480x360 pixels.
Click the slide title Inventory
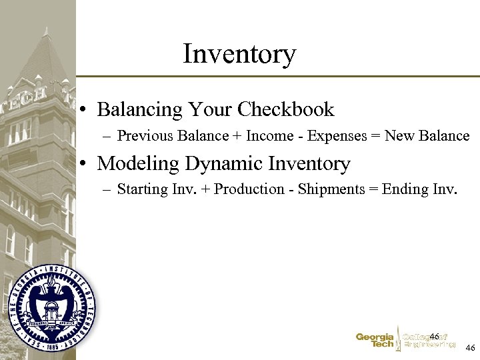point(239,54)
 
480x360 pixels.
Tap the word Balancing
point(139,109)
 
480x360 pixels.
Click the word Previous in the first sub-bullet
point(143,136)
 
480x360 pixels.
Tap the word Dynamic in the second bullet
point(220,163)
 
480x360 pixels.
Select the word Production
point(249,189)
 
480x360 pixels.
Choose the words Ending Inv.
point(420,189)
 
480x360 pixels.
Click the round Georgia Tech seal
point(52,308)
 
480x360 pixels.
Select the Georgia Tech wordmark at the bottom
point(374,341)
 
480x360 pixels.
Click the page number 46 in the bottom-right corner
point(470,348)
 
